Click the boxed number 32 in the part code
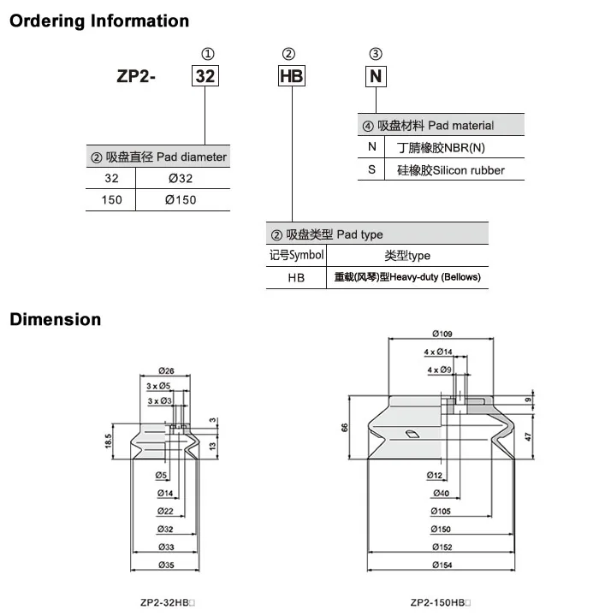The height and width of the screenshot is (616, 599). click(x=205, y=76)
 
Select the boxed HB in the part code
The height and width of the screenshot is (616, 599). click(x=292, y=76)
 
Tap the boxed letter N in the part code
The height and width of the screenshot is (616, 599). click(x=376, y=76)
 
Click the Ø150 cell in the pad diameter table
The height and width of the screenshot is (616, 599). click(x=181, y=200)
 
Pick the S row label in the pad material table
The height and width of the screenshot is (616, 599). click(x=371, y=169)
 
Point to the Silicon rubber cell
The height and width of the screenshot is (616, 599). click(x=451, y=170)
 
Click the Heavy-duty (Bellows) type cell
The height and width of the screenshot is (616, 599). click(x=407, y=277)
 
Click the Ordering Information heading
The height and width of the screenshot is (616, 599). click(x=99, y=21)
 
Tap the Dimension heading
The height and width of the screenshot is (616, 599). click(x=56, y=319)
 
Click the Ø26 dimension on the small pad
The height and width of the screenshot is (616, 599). click(x=166, y=370)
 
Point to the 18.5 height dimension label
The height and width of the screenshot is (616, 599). click(x=109, y=441)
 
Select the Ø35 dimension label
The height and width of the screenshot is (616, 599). click(x=166, y=565)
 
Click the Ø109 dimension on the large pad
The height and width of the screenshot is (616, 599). click(x=442, y=334)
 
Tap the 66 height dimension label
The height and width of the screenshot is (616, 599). click(x=345, y=428)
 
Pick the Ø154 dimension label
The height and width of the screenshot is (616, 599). click(x=442, y=565)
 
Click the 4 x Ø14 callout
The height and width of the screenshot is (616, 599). click(x=438, y=352)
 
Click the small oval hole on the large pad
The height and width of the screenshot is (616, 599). click(x=412, y=434)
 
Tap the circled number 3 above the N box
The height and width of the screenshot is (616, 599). click(x=376, y=54)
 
